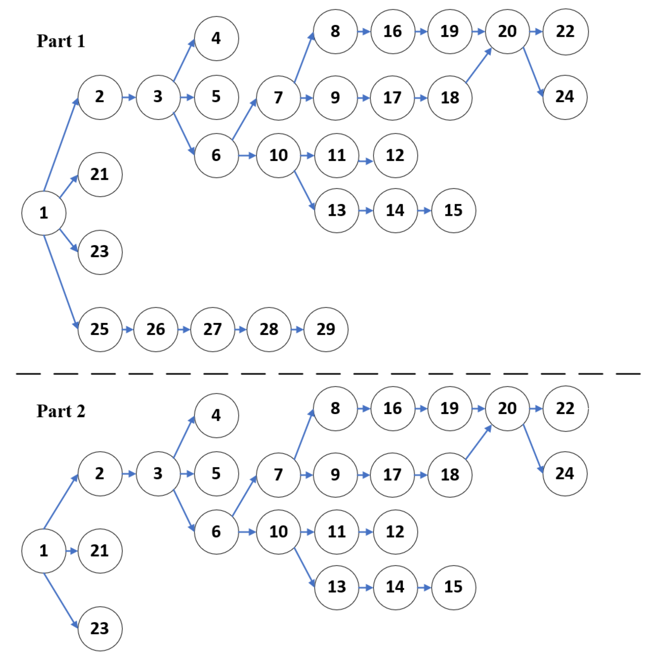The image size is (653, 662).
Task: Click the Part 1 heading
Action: [61, 41]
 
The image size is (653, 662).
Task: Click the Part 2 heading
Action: [61, 411]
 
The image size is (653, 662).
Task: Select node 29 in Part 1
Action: [326, 329]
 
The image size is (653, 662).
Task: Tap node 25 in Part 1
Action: [100, 329]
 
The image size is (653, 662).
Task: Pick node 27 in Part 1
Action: [213, 329]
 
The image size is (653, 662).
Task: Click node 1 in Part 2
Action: [44, 551]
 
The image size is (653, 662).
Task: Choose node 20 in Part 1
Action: [507, 31]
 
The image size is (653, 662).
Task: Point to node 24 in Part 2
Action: [564, 474]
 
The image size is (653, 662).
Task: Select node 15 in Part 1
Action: [453, 210]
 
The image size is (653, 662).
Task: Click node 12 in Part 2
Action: [395, 532]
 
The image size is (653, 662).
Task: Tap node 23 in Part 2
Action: [100, 628]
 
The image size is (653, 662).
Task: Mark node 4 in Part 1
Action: [216, 38]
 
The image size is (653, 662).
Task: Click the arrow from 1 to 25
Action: [61, 281]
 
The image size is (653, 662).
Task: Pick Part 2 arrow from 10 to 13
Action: [304, 567]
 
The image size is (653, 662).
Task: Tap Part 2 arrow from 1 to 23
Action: [61, 600]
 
